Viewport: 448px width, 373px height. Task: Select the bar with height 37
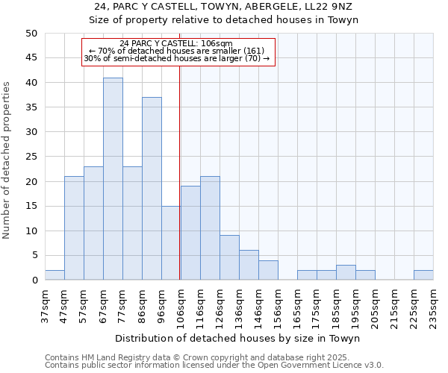152,189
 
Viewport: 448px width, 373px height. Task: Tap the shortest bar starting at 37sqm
55,275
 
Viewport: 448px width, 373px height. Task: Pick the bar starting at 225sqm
423,275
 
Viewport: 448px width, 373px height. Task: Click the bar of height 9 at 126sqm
229,258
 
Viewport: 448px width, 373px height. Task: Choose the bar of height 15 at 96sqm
171,243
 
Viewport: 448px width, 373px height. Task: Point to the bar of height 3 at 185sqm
346,273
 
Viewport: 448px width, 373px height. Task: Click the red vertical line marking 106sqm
180,172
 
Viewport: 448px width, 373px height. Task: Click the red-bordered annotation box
178,51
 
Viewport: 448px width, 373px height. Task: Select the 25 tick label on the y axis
32,157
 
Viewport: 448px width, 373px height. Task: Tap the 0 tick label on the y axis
35,280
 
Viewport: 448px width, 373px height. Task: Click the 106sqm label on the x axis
180,306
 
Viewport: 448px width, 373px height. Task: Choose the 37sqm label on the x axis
45,306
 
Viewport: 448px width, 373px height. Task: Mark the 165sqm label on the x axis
297,306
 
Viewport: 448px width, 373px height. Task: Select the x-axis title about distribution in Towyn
239,339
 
